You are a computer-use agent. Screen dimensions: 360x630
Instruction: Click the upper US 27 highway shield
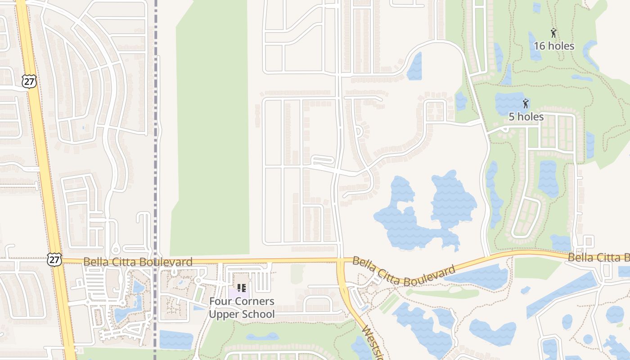(x=29, y=81)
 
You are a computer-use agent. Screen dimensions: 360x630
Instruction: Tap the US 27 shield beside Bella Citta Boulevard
(x=54, y=259)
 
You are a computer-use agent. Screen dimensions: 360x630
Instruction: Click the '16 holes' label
(x=553, y=46)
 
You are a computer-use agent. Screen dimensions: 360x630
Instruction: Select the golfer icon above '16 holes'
(x=553, y=33)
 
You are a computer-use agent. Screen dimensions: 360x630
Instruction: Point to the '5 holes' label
(x=526, y=117)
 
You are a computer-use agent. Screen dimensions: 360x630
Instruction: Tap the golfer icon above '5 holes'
(x=525, y=104)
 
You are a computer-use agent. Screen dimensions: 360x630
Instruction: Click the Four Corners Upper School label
(x=242, y=308)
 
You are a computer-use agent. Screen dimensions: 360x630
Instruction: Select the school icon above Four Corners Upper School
(x=242, y=288)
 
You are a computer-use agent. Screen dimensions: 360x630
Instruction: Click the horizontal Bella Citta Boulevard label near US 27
(x=138, y=262)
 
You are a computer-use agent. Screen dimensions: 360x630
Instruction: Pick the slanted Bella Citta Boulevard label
(x=404, y=271)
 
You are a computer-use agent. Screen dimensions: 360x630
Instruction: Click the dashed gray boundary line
(x=156, y=135)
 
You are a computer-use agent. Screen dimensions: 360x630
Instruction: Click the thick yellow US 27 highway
(x=45, y=180)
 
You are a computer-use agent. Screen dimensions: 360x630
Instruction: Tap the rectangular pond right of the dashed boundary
(x=176, y=340)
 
